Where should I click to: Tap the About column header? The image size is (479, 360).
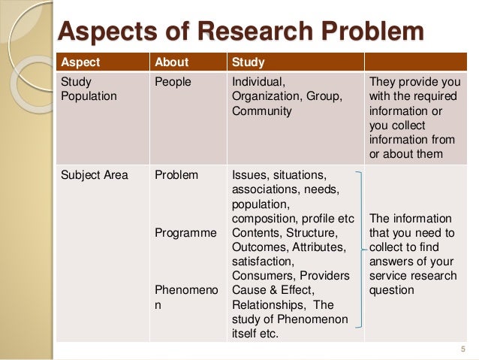pos(171,61)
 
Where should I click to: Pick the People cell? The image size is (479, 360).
pos(173,81)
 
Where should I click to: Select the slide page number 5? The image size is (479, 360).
pos(462,348)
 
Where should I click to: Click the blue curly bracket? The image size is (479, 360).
pos(362,247)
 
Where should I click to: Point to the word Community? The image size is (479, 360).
pos(262,110)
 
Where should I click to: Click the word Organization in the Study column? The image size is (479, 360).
pos(264,96)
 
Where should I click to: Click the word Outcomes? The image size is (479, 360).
pos(260,247)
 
